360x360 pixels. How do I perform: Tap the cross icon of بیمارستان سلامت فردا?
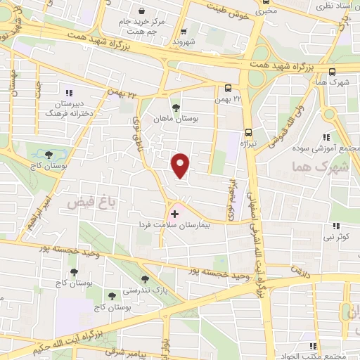pos(174,212)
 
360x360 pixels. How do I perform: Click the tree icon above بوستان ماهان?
pos(176,108)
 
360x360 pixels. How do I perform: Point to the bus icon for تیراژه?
pos(248,132)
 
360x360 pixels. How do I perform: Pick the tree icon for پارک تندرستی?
pos(145,279)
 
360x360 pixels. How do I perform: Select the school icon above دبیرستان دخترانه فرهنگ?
pos(69,92)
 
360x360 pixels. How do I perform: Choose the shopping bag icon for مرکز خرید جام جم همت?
pos(143,11)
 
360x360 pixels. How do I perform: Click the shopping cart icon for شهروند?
pos(184,31)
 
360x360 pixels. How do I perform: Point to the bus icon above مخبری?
pos(266,2)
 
